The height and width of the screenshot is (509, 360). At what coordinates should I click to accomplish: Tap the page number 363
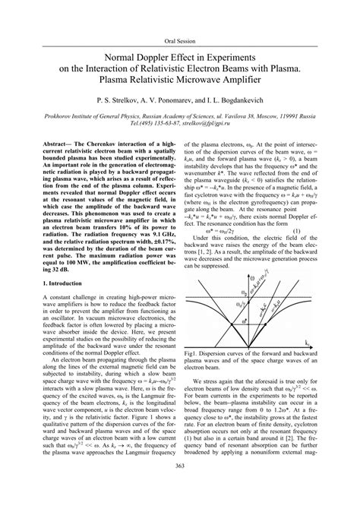pos(180,487)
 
